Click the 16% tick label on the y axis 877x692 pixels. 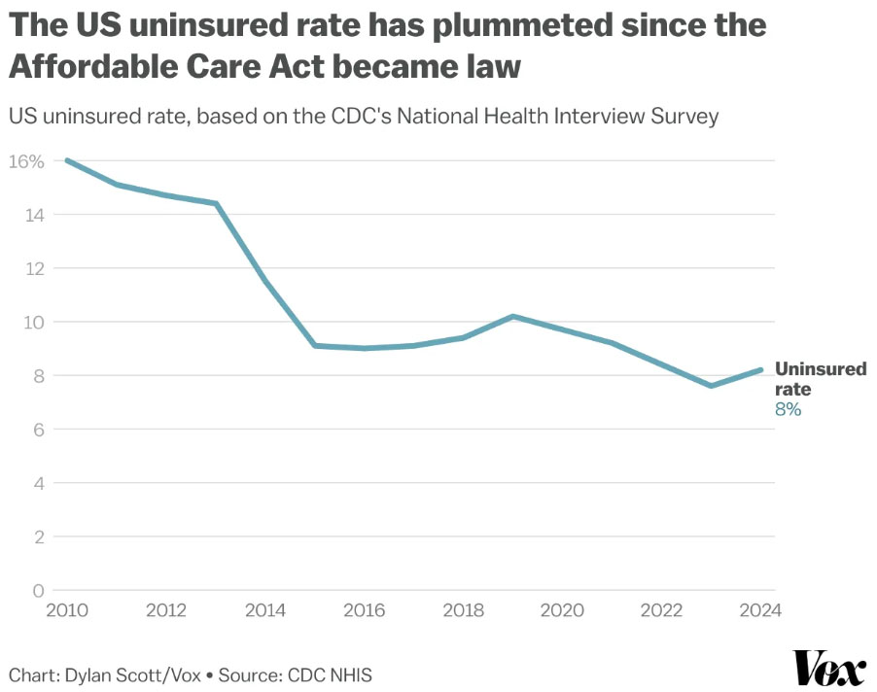click(26, 161)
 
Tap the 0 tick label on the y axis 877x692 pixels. click(39, 590)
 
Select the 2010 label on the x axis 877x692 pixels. click(67, 610)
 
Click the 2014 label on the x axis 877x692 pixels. click(265, 610)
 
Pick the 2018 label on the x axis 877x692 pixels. click(463, 610)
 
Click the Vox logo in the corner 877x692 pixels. click(830, 670)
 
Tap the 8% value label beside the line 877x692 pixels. click(788, 410)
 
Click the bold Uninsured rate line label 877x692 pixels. click(820, 379)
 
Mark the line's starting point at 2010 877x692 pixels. click(67, 159)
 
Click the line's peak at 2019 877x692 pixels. click(512, 316)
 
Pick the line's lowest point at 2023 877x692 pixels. click(711, 386)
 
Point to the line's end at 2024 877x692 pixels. click(760, 369)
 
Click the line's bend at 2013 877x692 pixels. click(216, 203)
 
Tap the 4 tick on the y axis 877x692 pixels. click(39, 483)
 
